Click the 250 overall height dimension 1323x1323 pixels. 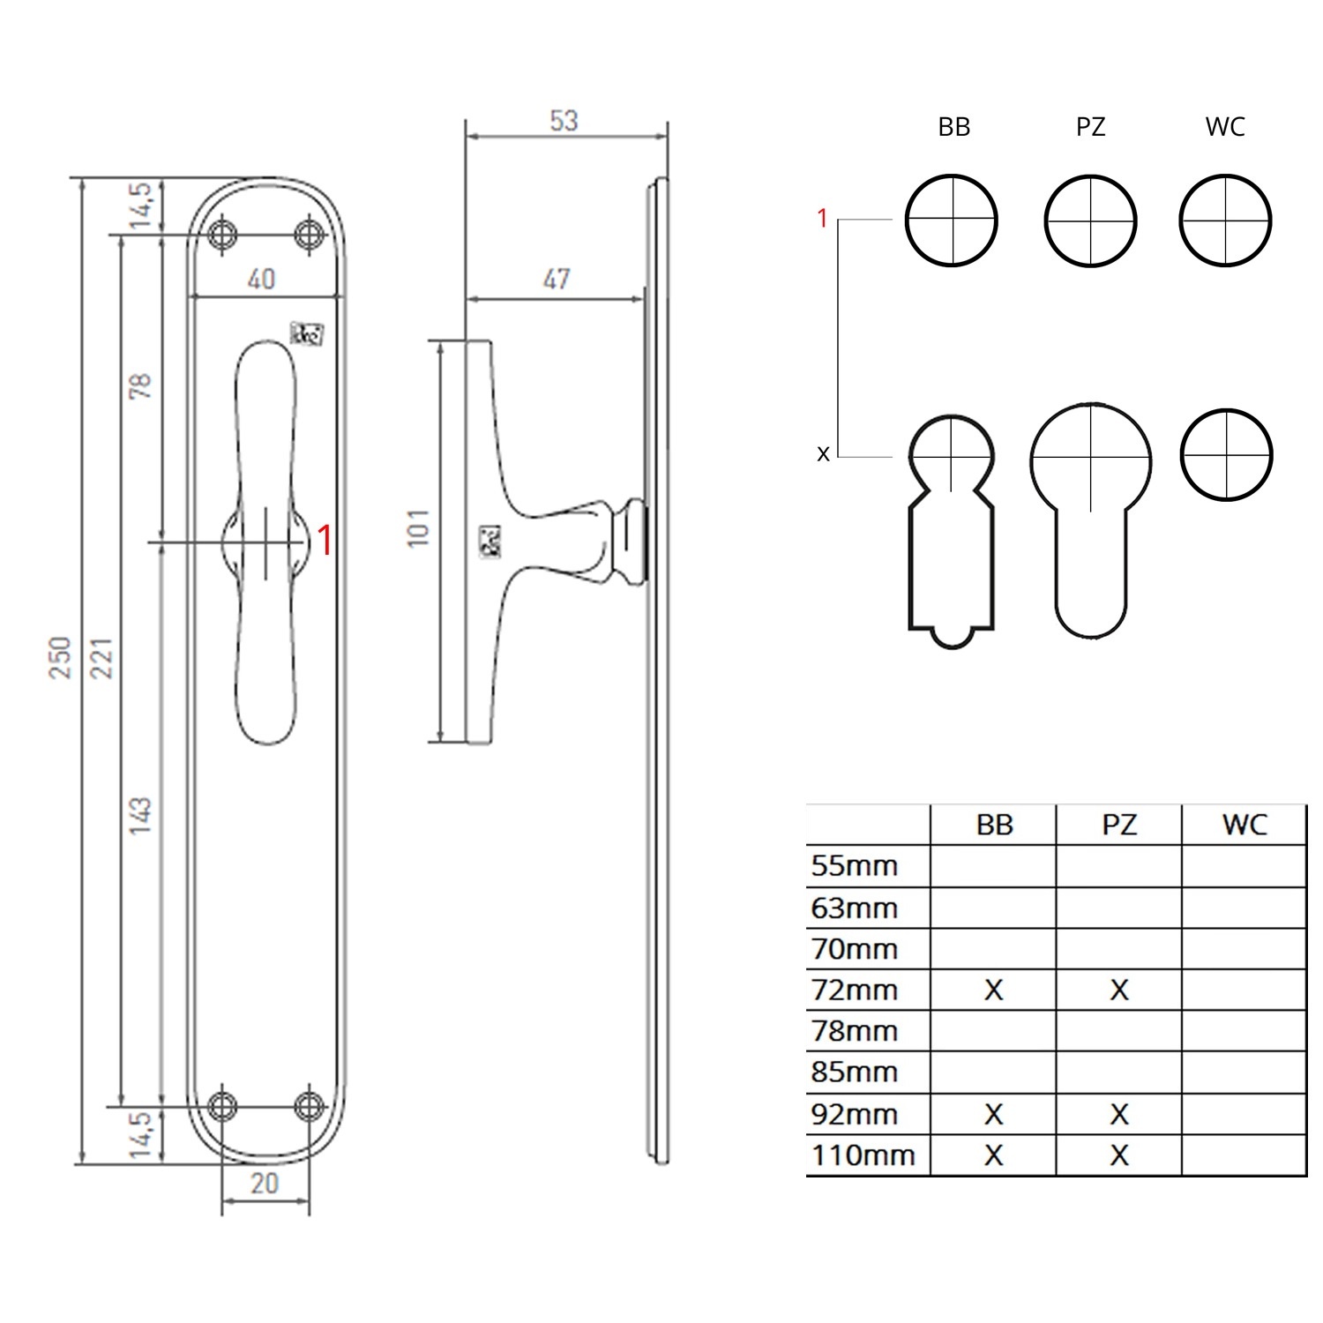(x=59, y=657)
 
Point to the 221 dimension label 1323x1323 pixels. (x=102, y=657)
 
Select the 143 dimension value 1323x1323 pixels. (x=140, y=815)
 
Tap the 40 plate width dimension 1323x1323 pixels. (x=261, y=280)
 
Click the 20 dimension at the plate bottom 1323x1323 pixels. (x=265, y=1184)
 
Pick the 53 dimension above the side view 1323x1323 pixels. (x=564, y=121)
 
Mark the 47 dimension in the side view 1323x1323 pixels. (x=557, y=280)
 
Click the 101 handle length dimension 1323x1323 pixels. (x=419, y=527)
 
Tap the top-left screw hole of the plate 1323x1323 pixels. (x=223, y=235)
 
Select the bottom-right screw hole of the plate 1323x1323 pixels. (x=309, y=1105)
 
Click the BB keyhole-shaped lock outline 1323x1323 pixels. (x=952, y=529)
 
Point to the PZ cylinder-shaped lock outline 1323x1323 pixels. (x=1091, y=520)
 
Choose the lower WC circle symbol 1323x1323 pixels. (x=1226, y=455)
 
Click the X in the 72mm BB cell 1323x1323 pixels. (x=993, y=990)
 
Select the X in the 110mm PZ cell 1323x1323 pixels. (x=1118, y=1155)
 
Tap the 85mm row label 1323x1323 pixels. (x=854, y=1073)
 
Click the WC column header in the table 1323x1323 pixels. (x=1244, y=826)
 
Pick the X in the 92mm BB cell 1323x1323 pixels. (x=993, y=1114)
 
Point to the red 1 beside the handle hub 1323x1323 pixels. (x=325, y=540)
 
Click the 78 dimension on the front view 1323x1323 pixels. (x=140, y=385)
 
